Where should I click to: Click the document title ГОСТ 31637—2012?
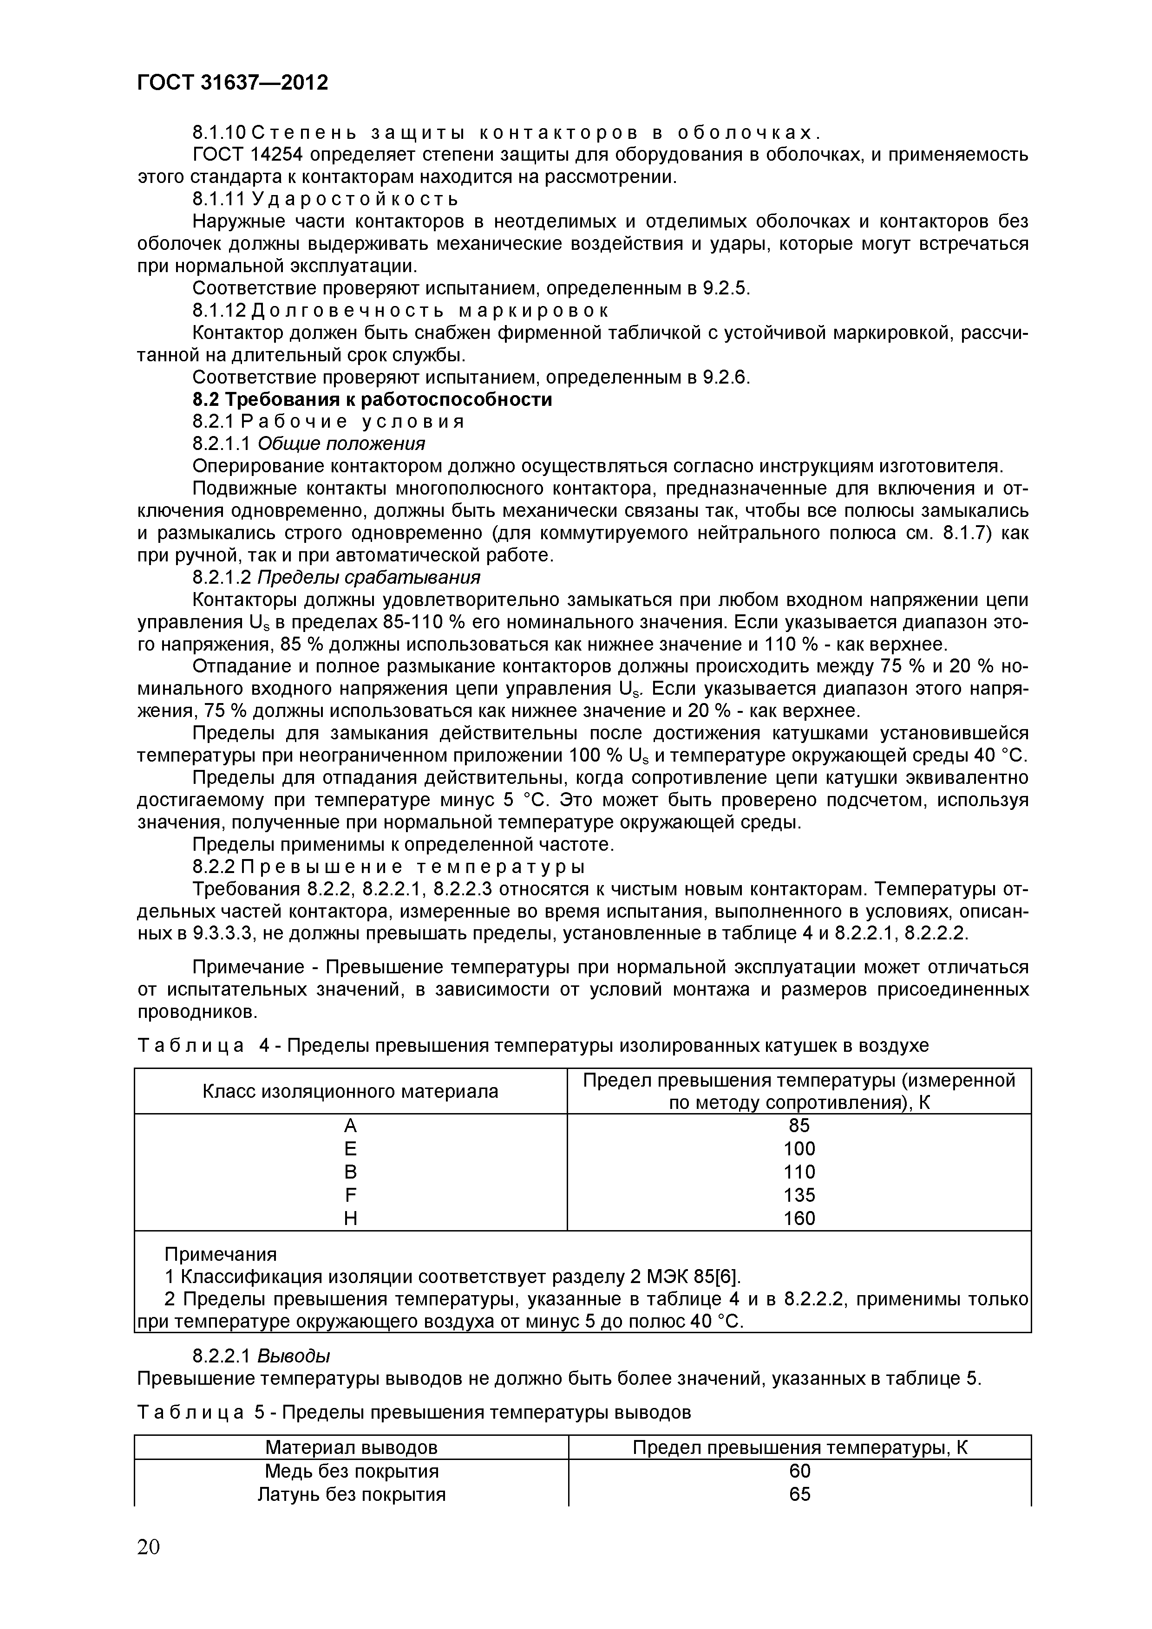[233, 83]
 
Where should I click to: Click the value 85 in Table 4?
[799, 1126]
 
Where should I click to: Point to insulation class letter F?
[350, 1195]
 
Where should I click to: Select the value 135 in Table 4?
[799, 1195]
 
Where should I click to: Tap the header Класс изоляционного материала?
[350, 1091]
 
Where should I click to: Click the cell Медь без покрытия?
[351, 1471]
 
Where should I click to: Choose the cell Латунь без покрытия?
[351, 1494]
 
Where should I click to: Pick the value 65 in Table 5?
[799, 1494]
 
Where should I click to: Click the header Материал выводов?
[351, 1447]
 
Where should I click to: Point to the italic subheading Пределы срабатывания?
[368, 577]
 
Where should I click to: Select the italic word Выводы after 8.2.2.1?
[293, 1356]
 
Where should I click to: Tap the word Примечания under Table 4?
[221, 1254]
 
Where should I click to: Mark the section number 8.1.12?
[219, 310]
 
